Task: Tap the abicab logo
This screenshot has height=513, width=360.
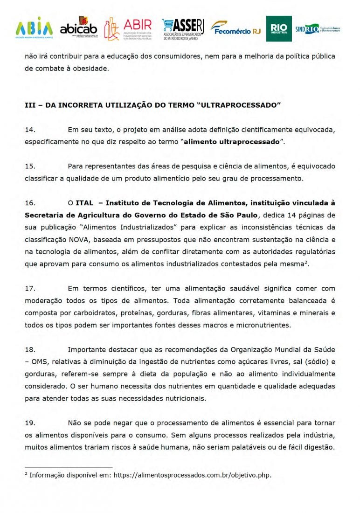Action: click(78, 28)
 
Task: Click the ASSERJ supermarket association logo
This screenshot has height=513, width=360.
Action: click(183, 29)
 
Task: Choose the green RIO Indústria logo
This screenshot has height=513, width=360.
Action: click(278, 29)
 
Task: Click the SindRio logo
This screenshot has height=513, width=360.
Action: click(320, 28)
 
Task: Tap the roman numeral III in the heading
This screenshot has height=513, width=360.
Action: click(30, 105)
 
